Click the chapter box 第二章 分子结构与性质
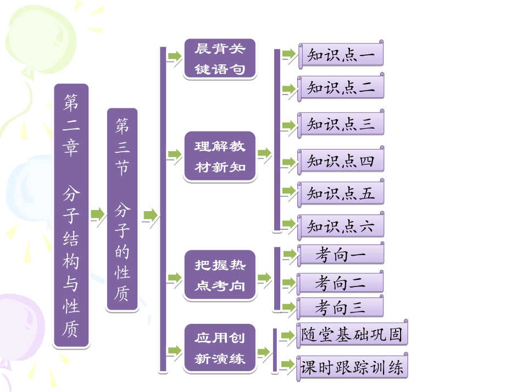(71, 215)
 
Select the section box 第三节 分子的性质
(121, 209)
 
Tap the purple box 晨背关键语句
(220, 59)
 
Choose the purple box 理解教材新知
(220, 157)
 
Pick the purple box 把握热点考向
(220, 275)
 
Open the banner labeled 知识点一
(341, 56)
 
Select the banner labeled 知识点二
(341, 88)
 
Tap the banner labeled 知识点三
(341, 124)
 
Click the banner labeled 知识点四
(341, 161)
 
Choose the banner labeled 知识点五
(341, 194)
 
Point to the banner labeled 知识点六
(341, 226)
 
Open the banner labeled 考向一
(341, 254)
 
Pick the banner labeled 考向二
(341, 283)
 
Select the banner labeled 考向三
(341, 307)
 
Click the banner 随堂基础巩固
(352, 334)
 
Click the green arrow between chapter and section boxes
(98, 214)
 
